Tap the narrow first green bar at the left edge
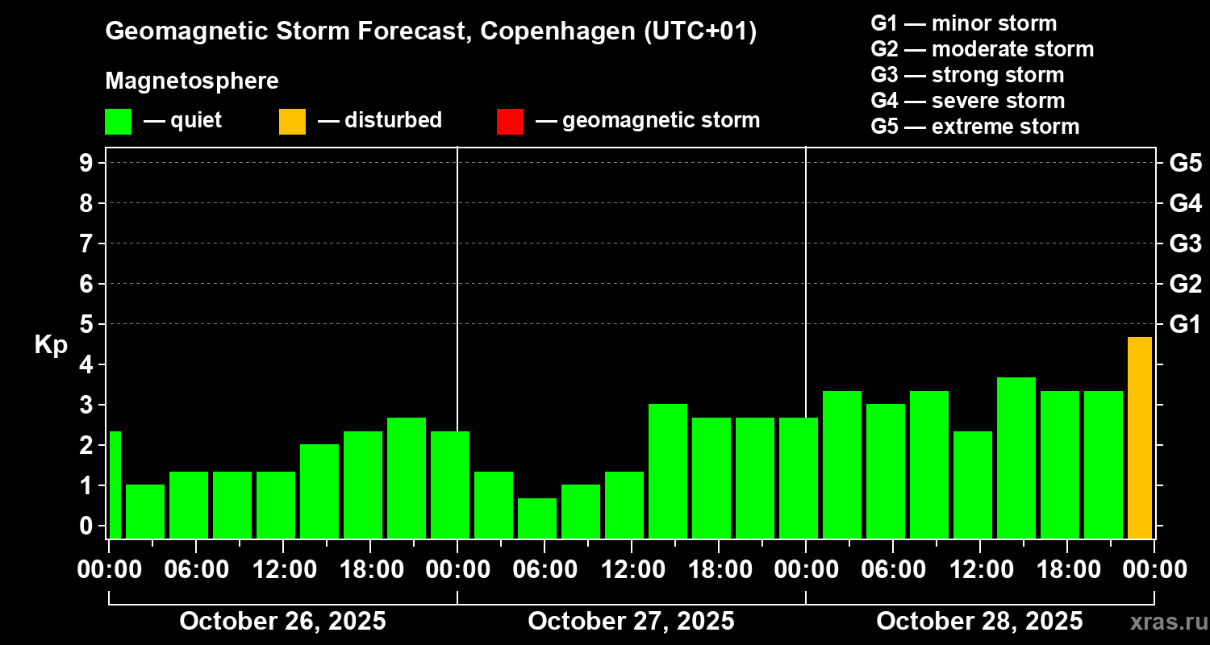115,484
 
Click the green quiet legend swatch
118,122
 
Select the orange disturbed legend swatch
292,122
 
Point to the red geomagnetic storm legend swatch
510,122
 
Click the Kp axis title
51,345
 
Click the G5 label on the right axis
1185,163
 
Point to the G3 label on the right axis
1185,243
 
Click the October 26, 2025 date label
282,621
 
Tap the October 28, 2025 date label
979,621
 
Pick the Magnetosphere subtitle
192,81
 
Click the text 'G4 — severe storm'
968,101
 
